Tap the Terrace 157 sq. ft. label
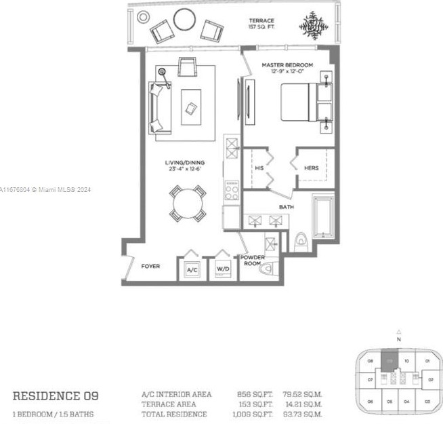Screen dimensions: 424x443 tap(262, 25)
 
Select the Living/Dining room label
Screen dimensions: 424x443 tap(185, 166)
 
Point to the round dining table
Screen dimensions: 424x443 tap(186, 203)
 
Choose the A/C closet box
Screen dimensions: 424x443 tap(192, 269)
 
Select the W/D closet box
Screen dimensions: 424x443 tap(223, 269)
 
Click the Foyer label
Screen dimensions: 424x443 tap(150, 266)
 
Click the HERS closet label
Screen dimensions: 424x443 tap(311, 168)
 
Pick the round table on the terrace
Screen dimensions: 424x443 tap(184, 20)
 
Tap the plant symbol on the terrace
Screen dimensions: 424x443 tap(312, 25)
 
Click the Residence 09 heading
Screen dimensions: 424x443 tap(56, 395)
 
